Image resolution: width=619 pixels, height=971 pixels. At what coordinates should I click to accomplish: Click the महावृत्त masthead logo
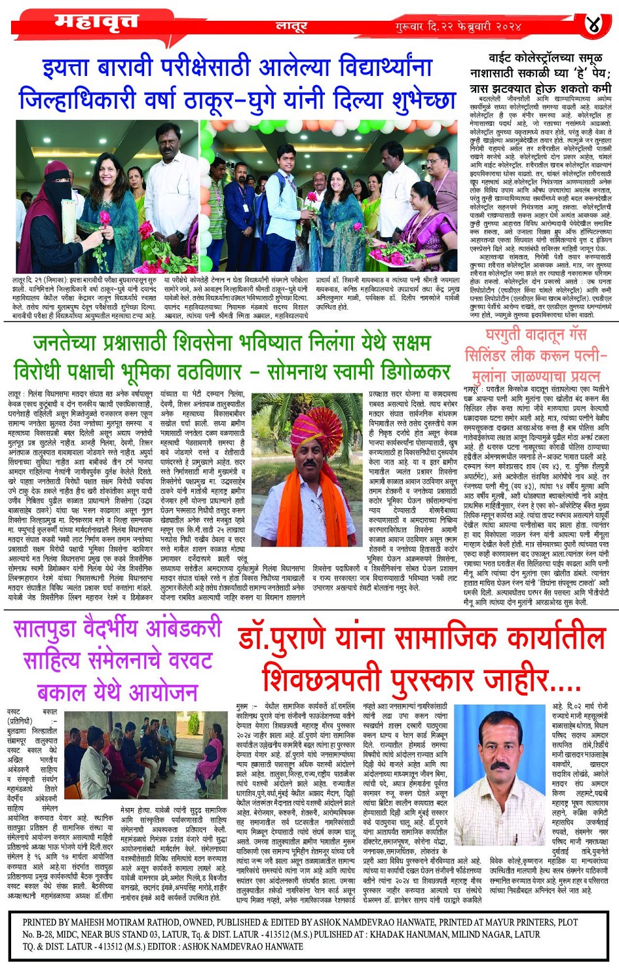(96, 22)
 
